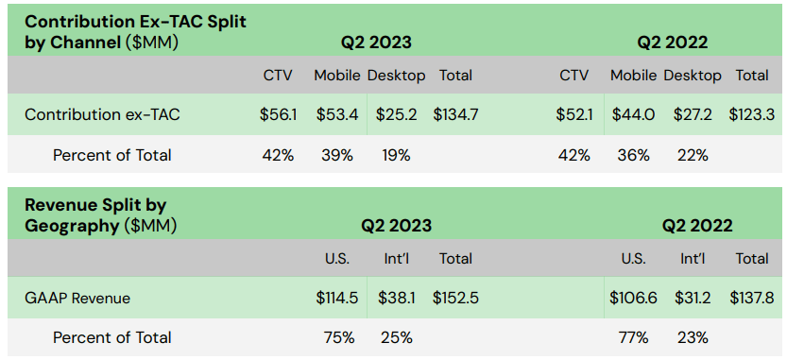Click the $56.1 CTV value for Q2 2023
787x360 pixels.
[x=278, y=115]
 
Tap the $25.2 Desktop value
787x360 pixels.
[x=396, y=115]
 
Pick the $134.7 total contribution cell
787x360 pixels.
[x=455, y=115]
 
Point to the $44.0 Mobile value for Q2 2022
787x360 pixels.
[x=633, y=115]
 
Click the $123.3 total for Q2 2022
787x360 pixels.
[x=752, y=115]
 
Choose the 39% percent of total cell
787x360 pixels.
[x=337, y=155]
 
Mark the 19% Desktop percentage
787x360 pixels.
[x=397, y=155]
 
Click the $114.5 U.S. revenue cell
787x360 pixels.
[x=337, y=298]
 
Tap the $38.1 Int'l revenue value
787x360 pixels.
[x=396, y=298]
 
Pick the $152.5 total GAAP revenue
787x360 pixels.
[x=455, y=298]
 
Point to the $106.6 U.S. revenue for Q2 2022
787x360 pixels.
[x=633, y=298]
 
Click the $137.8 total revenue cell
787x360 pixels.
[x=752, y=298]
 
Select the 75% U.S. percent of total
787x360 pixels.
[x=337, y=337]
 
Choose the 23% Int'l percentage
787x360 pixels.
[x=693, y=337]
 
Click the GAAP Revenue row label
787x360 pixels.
[x=77, y=298]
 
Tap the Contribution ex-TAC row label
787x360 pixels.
[x=102, y=115]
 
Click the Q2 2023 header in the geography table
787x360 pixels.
[x=396, y=226]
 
